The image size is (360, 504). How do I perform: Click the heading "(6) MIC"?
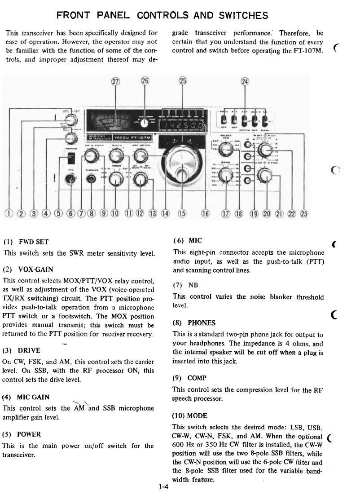(184, 241)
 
